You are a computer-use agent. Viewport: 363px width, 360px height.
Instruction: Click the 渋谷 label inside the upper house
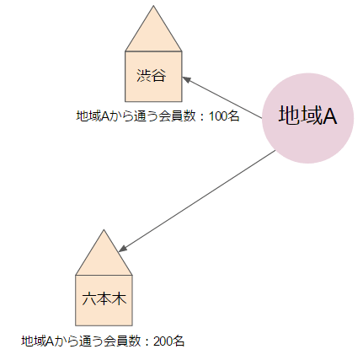pyautogui.click(x=152, y=75)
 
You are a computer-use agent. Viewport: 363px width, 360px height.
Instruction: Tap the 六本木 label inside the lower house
pyautogui.click(x=104, y=299)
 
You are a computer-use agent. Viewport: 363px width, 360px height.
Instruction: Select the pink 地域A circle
pyautogui.click(x=307, y=118)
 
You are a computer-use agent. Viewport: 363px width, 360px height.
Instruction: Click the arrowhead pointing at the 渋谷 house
pyautogui.click(x=186, y=79)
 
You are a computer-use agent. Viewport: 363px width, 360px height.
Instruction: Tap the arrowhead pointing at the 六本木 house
pyautogui.click(x=123, y=249)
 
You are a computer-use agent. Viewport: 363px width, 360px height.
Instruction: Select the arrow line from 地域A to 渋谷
pyautogui.click(x=222, y=98)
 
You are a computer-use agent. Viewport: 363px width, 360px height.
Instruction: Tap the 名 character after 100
pyautogui.click(x=233, y=116)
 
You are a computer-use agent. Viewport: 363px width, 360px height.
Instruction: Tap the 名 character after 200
pyautogui.click(x=179, y=341)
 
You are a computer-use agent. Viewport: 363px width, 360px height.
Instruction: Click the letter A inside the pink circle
pyautogui.click(x=329, y=116)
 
